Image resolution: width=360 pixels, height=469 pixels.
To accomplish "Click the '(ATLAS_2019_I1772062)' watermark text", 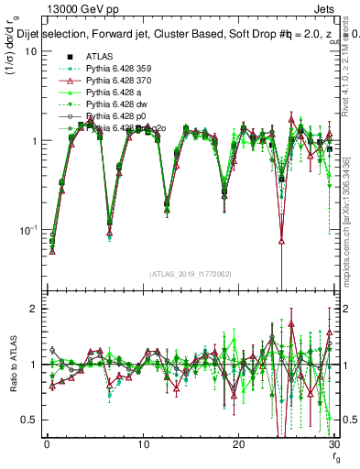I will pos(190,274).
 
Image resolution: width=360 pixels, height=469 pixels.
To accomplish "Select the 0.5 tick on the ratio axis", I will pos(32,420).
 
